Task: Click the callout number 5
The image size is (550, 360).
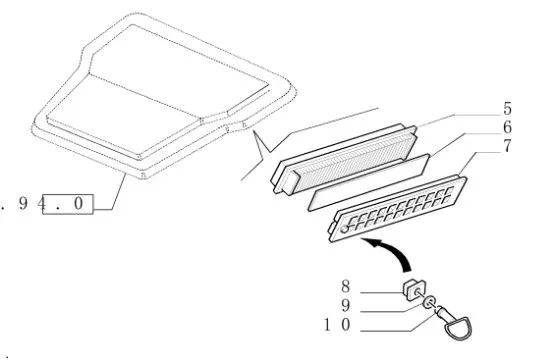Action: [x=507, y=108]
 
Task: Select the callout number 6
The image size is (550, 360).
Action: [x=507, y=127]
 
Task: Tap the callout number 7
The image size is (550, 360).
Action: [x=507, y=146]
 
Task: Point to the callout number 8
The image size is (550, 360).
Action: [x=346, y=286]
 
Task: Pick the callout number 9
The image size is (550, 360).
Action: [x=346, y=305]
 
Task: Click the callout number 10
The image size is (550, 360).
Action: [x=337, y=325]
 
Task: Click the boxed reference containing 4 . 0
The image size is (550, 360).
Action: [x=68, y=204]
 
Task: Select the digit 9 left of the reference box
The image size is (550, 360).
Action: [x=23, y=203]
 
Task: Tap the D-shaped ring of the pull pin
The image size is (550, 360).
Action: [x=458, y=328]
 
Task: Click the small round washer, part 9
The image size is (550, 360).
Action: [x=429, y=302]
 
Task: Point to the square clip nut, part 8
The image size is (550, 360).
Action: [x=414, y=290]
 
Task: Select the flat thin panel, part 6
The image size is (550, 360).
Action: [x=369, y=182]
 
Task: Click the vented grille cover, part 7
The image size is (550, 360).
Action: [x=397, y=209]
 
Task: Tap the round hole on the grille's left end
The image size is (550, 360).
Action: [x=345, y=229]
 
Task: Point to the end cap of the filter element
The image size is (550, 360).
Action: [x=291, y=182]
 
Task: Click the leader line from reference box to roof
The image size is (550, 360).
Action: [x=119, y=192]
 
